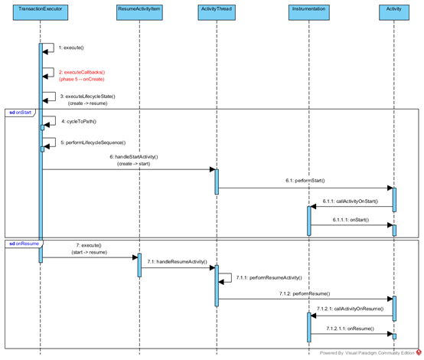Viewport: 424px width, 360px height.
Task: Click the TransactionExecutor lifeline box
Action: coord(41,12)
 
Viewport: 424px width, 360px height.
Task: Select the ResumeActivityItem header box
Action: coord(139,12)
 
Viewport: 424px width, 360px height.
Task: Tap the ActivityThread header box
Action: coord(217,12)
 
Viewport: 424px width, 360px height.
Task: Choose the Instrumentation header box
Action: coord(308,12)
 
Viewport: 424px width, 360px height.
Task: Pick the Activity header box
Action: coord(394,12)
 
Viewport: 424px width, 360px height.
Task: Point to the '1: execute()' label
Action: coord(71,47)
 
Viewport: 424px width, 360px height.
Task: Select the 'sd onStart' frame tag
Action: coord(20,113)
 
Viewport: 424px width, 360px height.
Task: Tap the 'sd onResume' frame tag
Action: coord(24,244)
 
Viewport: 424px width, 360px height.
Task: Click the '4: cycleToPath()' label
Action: coord(79,122)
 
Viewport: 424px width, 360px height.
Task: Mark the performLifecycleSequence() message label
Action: coord(93,142)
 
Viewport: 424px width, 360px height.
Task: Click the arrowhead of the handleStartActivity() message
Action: coord(213,169)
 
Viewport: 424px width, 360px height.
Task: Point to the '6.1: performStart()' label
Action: coord(305,181)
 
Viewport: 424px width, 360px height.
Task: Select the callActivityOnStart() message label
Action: coord(351,201)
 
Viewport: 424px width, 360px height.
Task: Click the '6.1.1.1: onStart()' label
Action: coord(351,220)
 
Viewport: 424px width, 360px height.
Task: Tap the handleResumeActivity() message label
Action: coord(177,261)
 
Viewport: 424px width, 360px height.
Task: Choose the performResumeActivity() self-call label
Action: coord(269,278)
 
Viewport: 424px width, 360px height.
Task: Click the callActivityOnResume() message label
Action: coord(351,309)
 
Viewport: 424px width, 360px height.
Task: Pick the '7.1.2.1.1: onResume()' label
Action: coord(351,329)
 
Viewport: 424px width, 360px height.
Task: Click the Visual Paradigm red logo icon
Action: coord(419,352)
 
